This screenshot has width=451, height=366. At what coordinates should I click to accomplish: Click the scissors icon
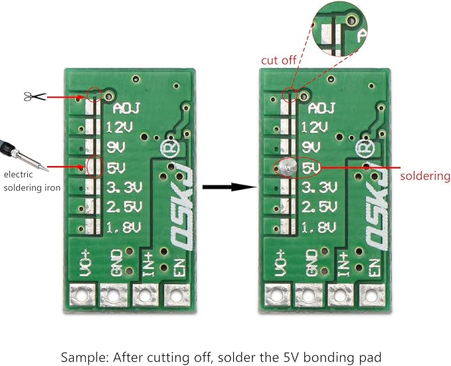35,97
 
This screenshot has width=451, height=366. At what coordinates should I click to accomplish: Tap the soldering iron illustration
23,155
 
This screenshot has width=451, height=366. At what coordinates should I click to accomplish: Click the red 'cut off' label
278,60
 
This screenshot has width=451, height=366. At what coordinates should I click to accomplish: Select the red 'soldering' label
425,176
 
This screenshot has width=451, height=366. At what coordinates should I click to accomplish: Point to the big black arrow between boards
230,187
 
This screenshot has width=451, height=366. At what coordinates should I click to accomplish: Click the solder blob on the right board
288,167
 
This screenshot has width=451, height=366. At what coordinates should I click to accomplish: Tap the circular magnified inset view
339,28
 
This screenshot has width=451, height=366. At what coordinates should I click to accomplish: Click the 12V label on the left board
120,127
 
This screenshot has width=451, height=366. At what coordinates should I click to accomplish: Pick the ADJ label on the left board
126,108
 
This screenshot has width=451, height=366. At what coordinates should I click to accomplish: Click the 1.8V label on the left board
124,228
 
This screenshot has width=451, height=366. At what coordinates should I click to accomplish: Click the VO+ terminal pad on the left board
82,295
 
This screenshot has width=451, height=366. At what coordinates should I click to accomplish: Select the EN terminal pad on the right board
373,295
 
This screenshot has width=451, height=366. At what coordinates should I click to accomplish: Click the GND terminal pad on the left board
114,295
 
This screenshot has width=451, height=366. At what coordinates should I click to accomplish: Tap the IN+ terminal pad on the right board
341,295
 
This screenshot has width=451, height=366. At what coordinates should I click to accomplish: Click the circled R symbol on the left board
169,149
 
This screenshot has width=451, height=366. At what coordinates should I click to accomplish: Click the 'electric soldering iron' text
32,181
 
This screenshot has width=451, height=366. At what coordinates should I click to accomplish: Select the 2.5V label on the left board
124,207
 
